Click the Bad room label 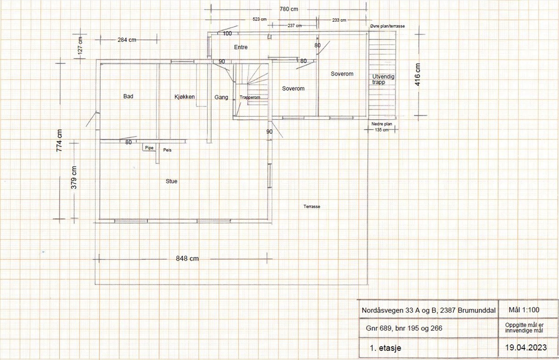point(128,96)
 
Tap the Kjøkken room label point(184,97)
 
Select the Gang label point(221,97)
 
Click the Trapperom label point(250,97)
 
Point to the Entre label point(241,47)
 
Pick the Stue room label point(172,181)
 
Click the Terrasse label point(312,207)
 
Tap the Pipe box point(149,147)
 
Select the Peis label point(167,150)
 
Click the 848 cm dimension point(187,258)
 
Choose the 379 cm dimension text point(74,177)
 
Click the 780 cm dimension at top point(289,9)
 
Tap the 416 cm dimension point(418,74)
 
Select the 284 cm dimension point(127,40)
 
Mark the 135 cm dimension point(382,130)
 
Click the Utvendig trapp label point(383,79)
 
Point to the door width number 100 point(227,34)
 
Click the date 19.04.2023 point(526,347)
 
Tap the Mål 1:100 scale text point(524,310)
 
